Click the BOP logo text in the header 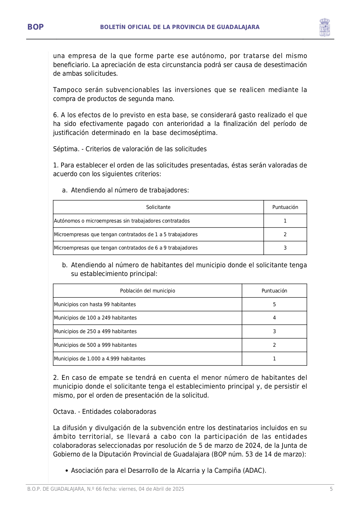point(35,27)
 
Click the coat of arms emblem point(324,27)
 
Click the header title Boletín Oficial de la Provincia point(180,27)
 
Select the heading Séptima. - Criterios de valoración point(130,149)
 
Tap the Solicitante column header point(158,207)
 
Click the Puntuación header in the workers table point(285,207)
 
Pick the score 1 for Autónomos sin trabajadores point(285,221)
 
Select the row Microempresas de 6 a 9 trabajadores point(126,248)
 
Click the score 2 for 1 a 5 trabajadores point(285,234)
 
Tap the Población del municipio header point(147,291)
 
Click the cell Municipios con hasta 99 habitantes point(95,304)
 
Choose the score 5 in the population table point(274,304)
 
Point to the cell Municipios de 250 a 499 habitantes point(95,331)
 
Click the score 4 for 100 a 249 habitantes point(274,318)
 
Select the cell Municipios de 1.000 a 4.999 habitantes point(100,359)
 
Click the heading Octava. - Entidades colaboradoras point(104,411)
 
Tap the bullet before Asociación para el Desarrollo point(67,471)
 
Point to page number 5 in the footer point(331,489)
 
